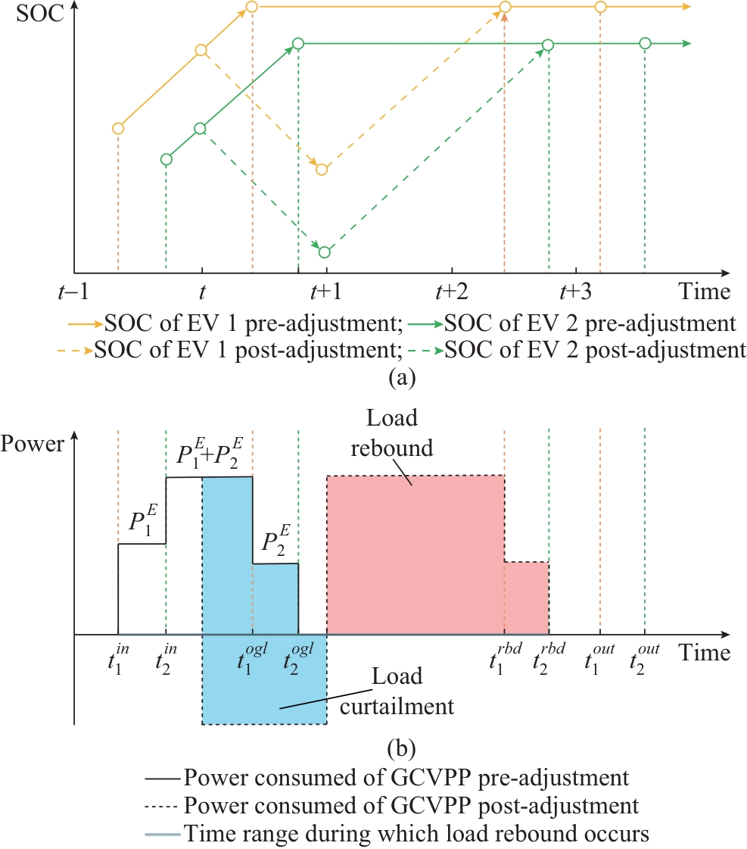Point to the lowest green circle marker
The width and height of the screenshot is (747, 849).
click(325, 252)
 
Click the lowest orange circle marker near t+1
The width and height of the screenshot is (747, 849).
click(322, 169)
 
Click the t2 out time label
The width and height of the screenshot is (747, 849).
click(646, 653)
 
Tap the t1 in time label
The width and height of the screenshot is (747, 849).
click(118, 653)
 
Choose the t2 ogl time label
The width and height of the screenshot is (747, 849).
click(298, 653)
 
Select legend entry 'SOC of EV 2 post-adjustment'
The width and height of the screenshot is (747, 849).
click(591, 351)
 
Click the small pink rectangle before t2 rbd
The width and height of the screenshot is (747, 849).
click(526, 598)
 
